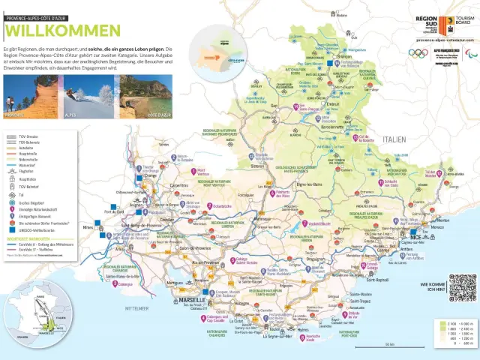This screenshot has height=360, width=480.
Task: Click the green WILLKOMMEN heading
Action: click(x=62, y=30)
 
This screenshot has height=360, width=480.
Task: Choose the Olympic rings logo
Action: click(x=418, y=52)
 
